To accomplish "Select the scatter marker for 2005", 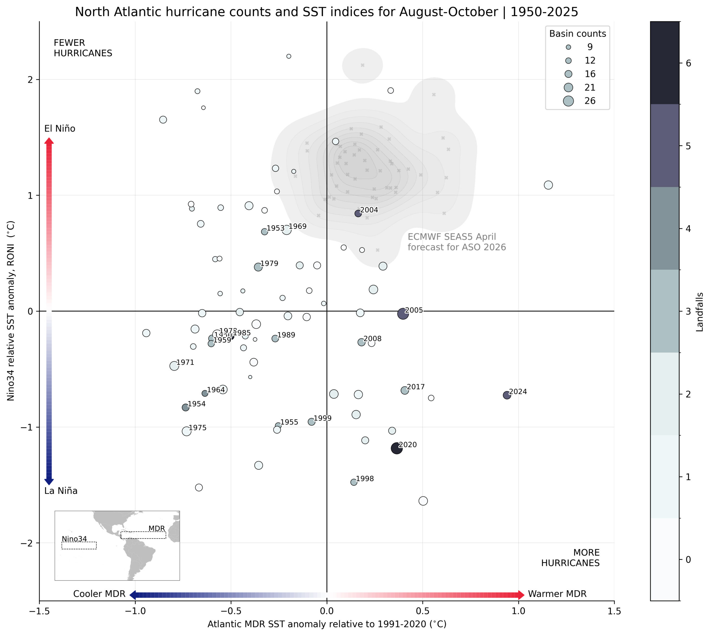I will pos(403,314).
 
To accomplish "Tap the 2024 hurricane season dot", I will pos(507,395).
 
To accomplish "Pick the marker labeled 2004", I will pos(358,213).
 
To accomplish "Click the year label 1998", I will pos(365,479).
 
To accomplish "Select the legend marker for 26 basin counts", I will pos(568,101).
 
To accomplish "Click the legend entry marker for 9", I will pos(568,47).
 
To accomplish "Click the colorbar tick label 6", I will pos(688,63).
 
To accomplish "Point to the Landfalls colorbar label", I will pos(699,312).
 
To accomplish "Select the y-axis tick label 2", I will pos(30,80).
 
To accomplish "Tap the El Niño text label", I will pos(60,128).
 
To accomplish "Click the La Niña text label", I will pos(61,491).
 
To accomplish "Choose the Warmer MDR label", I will pos(557,594).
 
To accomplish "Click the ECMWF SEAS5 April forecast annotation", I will pos(457,242).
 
